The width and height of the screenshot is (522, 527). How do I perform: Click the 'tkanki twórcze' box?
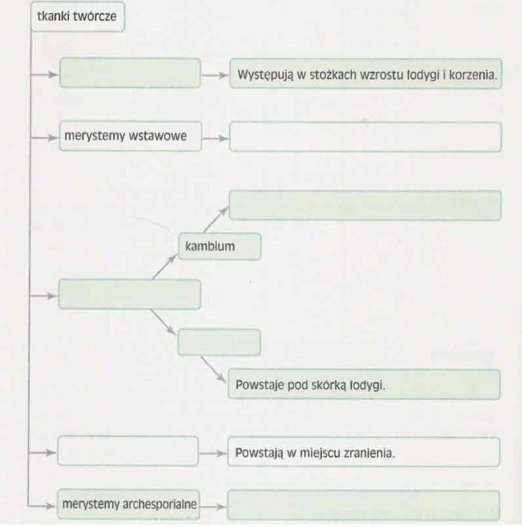77,16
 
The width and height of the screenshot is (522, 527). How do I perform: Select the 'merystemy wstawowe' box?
130,137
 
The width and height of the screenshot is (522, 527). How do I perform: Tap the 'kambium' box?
219,246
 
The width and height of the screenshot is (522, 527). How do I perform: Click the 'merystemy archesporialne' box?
130,504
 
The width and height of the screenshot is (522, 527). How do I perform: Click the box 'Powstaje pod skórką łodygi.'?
364,385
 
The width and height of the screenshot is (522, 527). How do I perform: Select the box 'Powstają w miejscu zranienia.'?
364,452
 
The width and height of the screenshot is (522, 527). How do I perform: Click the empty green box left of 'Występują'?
130,73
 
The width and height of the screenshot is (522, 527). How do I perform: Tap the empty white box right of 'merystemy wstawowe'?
365,137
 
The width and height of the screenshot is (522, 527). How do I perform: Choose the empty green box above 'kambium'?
365,205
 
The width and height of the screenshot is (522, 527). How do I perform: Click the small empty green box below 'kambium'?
219,342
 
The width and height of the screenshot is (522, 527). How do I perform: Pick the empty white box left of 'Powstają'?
128,451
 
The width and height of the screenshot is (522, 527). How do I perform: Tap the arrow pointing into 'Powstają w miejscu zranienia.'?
213,452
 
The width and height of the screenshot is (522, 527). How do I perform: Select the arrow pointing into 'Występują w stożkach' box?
215,75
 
